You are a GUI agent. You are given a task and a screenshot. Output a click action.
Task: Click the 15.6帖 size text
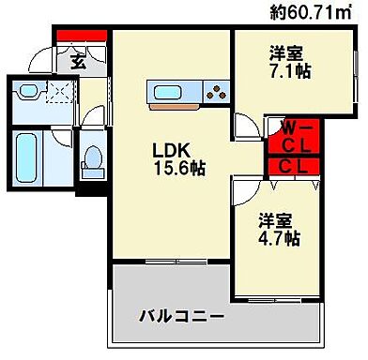point(179,169)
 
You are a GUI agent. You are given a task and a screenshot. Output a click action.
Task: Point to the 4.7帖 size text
point(281,238)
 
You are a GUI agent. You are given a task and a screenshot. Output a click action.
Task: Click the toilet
point(92,161)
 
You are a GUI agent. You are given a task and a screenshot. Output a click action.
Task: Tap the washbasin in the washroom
point(27,94)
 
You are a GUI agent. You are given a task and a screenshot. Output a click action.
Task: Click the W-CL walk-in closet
point(294,136)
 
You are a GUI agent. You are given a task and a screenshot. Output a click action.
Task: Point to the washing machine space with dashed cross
point(59,93)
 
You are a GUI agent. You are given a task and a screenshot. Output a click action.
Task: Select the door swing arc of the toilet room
point(91,125)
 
